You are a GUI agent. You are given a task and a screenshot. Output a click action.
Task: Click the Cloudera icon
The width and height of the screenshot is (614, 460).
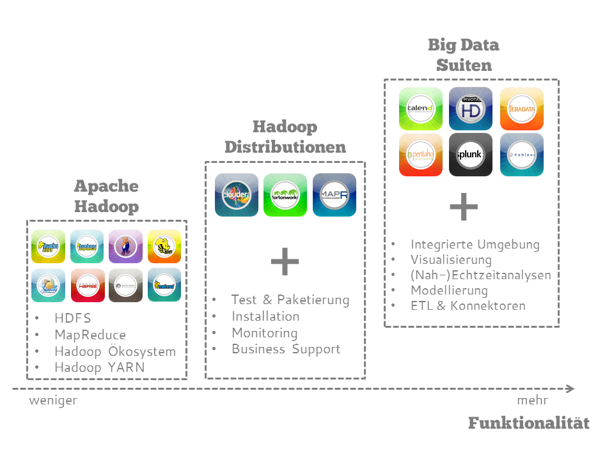pyautogui.click(x=237, y=195)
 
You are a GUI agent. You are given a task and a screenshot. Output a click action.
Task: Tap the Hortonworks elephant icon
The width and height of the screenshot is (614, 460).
pyautogui.click(x=285, y=195)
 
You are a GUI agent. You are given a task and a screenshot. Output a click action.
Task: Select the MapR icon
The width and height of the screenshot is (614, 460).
pyautogui.click(x=334, y=195)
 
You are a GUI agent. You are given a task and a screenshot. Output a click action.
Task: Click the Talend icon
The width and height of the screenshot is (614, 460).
pyautogui.click(x=421, y=109)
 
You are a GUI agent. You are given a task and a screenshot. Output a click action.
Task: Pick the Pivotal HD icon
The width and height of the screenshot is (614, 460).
pyautogui.click(x=471, y=109)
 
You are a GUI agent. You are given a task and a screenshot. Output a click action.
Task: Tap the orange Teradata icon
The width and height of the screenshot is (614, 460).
pyautogui.click(x=521, y=109)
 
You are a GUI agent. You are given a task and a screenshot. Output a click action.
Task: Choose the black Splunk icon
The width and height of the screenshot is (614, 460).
pyautogui.click(x=471, y=155)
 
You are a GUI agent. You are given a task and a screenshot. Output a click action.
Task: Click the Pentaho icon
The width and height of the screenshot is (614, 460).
pyautogui.click(x=421, y=155)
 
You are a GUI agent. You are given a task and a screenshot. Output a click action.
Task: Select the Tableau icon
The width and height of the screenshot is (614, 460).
pyautogui.click(x=521, y=155)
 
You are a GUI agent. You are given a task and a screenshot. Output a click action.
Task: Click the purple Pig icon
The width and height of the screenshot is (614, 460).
pyautogui.click(x=125, y=246)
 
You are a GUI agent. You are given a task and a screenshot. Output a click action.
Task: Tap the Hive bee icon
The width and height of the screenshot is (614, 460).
pyautogui.click(x=164, y=246)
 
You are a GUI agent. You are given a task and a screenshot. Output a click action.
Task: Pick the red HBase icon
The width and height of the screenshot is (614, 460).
pyautogui.click(x=87, y=285)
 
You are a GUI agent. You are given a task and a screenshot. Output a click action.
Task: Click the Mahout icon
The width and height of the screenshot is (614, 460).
pyautogui.click(x=164, y=285)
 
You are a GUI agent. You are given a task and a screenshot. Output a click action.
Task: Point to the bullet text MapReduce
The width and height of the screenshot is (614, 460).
pyautogui.click(x=90, y=335)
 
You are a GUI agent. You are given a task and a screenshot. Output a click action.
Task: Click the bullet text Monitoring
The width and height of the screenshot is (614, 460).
pyautogui.click(x=264, y=333)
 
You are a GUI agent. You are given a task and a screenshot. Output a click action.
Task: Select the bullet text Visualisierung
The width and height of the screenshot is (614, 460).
pyautogui.click(x=451, y=260)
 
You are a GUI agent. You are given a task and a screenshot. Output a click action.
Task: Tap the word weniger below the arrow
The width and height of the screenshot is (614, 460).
pyautogui.click(x=53, y=401)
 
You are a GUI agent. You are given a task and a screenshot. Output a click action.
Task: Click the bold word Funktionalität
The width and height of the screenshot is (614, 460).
pyautogui.click(x=528, y=423)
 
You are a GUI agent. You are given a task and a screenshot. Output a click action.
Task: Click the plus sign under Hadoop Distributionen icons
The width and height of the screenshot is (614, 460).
pyautogui.click(x=285, y=262)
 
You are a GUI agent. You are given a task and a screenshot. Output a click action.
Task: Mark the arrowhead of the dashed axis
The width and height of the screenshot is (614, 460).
pyautogui.click(x=571, y=389)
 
